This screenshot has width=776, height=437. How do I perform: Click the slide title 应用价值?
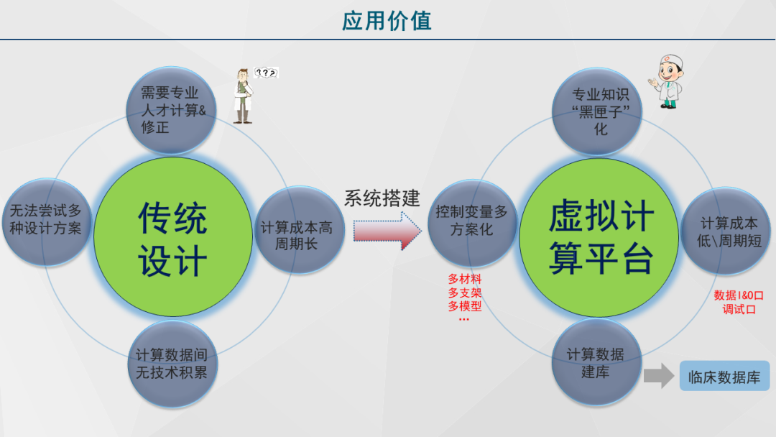click(x=387, y=21)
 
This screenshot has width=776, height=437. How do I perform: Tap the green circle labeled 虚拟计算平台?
click(x=601, y=237)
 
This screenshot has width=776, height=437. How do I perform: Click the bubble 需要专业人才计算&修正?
click(x=170, y=110)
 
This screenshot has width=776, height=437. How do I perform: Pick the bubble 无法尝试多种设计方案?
click(x=46, y=220)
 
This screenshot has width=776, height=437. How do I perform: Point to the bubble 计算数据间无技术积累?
click(x=172, y=363)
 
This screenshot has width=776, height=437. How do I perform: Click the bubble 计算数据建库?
click(x=596, y=363)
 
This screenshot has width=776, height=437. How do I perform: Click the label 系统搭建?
click(x=382, y=198)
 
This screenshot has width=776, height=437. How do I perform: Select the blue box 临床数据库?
click(x=724, y=376)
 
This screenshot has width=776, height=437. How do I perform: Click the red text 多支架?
click(x=465, y=293)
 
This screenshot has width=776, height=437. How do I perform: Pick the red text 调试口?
click(x=739, y=309)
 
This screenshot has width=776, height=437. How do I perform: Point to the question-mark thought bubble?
click(x=267, y=73)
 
